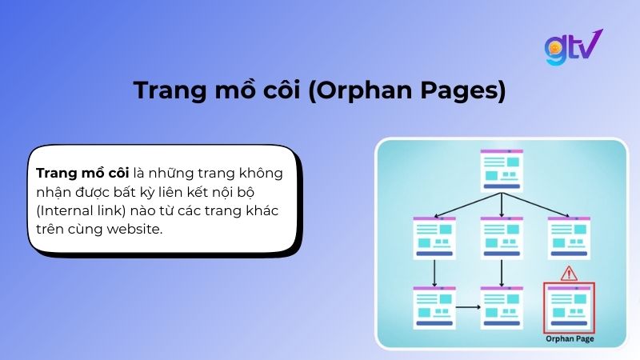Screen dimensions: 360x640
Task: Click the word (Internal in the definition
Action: click(67, 210)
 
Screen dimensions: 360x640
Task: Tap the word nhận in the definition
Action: click(53, 192)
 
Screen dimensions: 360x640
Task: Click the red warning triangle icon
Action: click(570, 273)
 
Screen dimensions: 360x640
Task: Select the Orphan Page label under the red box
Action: click(569, 339)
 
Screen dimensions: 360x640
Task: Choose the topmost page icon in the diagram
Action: click(502, 170)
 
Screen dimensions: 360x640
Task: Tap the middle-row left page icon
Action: click(434, 238)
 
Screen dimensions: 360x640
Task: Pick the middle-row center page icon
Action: click(502, 238)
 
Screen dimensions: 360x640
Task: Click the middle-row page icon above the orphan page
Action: click(569, 238)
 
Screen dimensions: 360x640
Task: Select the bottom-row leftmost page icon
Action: click(434, 307)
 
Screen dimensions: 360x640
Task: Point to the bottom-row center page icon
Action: click(502, 307)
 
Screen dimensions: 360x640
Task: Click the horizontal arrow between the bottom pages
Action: click(467, 306)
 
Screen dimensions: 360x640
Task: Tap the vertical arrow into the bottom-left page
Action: click(434, 273)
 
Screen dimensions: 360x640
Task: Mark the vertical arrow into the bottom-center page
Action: click(502, 273)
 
